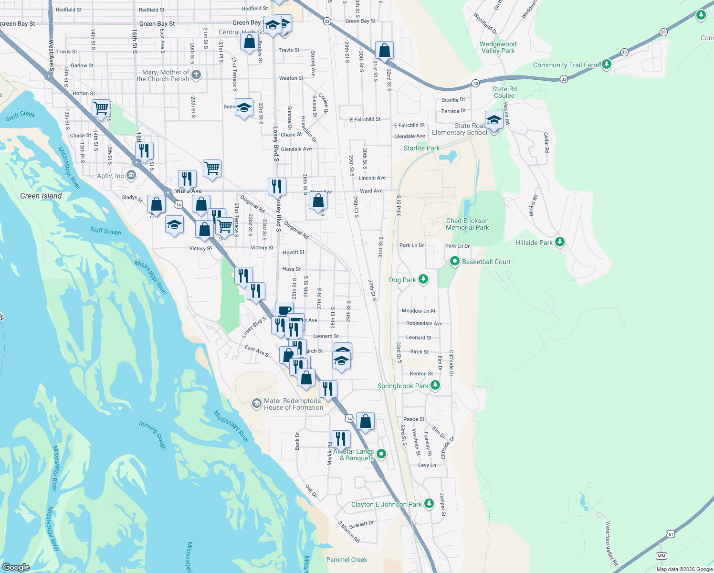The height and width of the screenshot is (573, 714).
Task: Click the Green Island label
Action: click(x=41, y=196)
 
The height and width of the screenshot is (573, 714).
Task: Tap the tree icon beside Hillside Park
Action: click(x=560, y=242)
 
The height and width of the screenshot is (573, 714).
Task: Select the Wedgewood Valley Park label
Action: click(x=498, y=47)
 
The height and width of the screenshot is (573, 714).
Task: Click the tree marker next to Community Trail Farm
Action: click(x=606, y=64)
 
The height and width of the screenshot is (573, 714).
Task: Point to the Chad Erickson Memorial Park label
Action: click(x=467, y=224)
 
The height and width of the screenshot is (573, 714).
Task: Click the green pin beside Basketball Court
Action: click(x=454, y=262)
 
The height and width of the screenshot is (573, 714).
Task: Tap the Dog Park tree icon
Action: click(x=423, y=279)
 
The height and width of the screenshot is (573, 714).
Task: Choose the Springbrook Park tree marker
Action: click(x=435, y=385)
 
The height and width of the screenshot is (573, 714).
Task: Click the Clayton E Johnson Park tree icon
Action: click(x=429, y=503)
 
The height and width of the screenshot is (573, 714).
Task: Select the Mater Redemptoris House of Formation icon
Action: click(x=257, y=403)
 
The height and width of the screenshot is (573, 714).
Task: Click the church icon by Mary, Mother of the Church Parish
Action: click(x=196, y=75)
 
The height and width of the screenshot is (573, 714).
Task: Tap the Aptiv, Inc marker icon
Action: click(x=131, y=175)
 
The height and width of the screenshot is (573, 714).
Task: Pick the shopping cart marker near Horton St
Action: click(x=101, y=108)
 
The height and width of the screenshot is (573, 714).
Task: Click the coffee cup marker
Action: click(x=284, y=310)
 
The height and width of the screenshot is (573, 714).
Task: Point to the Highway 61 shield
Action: click(x=671, y=534)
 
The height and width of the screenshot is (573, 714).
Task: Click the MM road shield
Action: click(x=661, y=556)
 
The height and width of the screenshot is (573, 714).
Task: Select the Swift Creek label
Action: click(x=21, y=116)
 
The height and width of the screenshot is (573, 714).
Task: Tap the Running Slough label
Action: click(x=153, y=435)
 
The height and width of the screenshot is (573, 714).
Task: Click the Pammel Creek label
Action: click(x=346, y=560)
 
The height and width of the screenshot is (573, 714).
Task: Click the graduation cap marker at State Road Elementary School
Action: click(x=494, y=120)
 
